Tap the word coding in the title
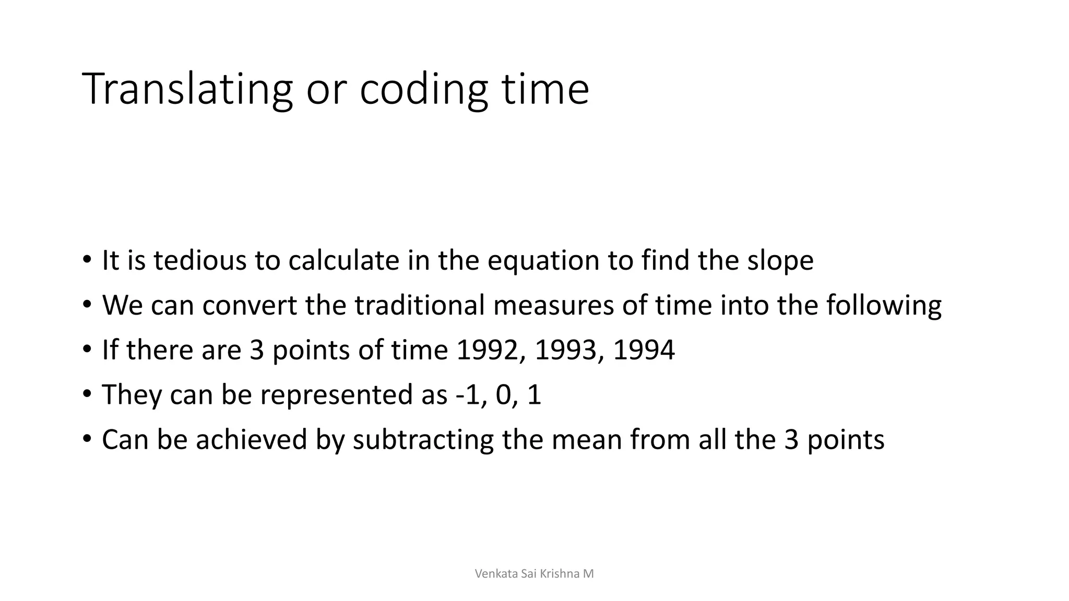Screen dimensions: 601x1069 tap(424, 90)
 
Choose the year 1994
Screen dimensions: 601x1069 tap(644, 350)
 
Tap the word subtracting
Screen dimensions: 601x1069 tap(423, 440)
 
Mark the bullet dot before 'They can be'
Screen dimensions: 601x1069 tap(87, 393)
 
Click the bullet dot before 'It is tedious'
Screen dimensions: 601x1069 tap(87, 259)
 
